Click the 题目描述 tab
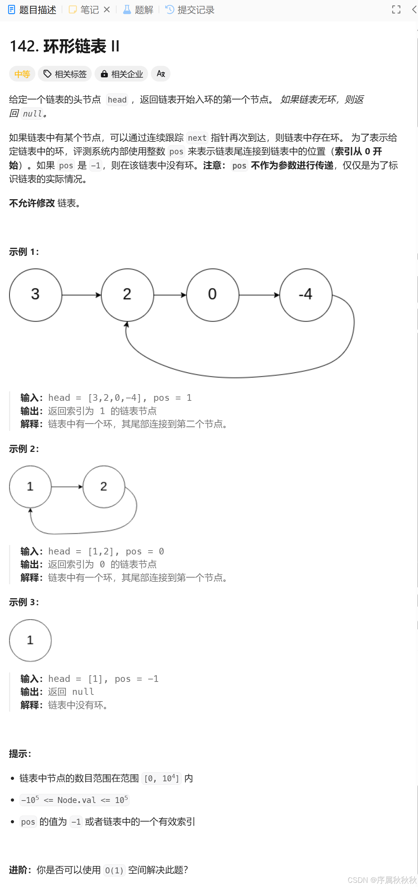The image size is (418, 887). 32,10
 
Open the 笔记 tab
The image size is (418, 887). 84,10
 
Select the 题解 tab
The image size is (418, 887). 138,10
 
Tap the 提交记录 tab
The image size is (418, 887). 190,10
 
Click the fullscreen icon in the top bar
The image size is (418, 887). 396,10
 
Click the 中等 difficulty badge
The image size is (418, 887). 22,74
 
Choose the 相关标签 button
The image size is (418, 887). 65,74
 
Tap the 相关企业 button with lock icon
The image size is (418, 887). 121,74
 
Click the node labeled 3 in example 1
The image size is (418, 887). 35,295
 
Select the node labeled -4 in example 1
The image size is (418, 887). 306,295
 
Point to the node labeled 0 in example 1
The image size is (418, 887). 213,295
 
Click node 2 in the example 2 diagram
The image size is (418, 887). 104,487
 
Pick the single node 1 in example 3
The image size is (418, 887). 30,640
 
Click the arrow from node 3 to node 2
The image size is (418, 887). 81,295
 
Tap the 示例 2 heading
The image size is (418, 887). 24,449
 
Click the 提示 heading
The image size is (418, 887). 20,754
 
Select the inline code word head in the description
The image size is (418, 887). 117,100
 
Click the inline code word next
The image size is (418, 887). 197,138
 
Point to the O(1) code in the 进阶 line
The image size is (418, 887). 114,870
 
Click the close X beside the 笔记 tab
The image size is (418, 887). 107,10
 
